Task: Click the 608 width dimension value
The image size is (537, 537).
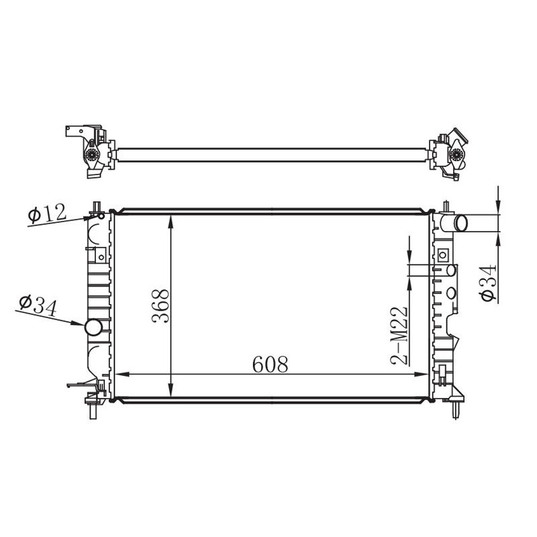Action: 271,364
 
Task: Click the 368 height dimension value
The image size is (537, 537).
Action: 160,306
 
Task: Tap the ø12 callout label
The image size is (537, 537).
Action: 47,213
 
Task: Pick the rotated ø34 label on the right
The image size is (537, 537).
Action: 489,283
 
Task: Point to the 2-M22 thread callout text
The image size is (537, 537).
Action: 399,336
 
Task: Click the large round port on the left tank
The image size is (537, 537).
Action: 93,328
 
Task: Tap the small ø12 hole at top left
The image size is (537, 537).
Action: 101,215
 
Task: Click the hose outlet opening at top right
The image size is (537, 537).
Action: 460,224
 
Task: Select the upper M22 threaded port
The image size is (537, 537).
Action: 451,271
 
